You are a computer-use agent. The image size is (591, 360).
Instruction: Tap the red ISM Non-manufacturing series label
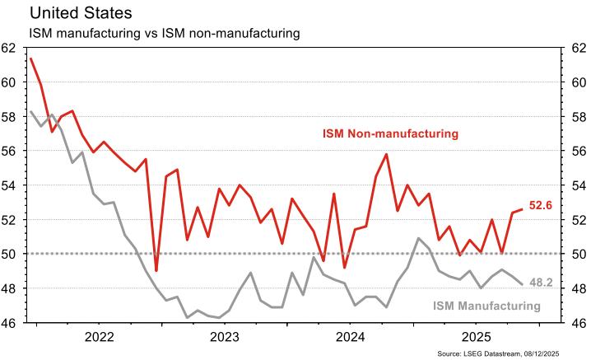(x=390, y=133)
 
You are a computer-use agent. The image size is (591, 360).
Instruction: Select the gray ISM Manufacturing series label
(x=486, y=306)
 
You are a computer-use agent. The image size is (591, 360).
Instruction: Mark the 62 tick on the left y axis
(x=10, y=48)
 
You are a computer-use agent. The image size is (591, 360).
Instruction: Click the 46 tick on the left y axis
(x=10, y=323)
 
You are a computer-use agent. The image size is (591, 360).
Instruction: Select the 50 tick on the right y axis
(x=579, y=254)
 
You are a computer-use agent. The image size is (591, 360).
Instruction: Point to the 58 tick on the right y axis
(x=579, y=116)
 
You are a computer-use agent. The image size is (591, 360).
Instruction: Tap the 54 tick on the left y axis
(x=10, y=185)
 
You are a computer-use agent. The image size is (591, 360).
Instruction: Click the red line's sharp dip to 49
(x=156, y=270)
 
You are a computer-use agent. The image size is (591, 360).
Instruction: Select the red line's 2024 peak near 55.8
(x=386, y=154)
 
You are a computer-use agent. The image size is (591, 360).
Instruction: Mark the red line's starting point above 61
(x=30, y=58)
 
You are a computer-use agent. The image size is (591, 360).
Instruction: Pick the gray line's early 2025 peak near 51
(x=418, y=238)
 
